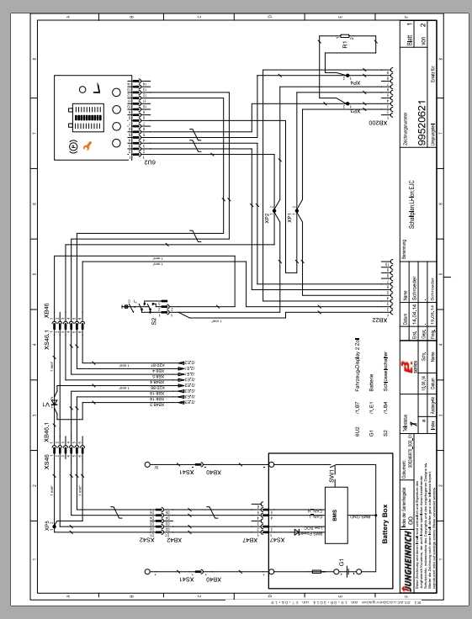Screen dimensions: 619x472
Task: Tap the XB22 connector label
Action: (x=384, y=321)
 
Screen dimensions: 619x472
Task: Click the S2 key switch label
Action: (x=153, y=320)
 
